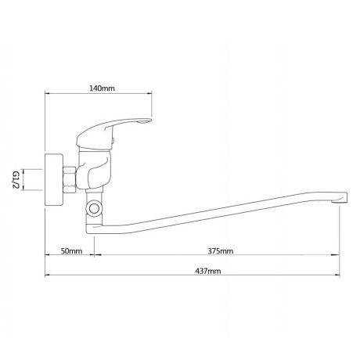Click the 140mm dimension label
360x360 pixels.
pyautogui.click(x=103, y=88)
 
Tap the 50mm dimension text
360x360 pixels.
pyautogui.click(x=71, y=251)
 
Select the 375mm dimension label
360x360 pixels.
pyautogui.click(x=221, y=251)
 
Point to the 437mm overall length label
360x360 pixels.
pyautogui.click(x=208, y=271)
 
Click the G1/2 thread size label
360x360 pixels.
pyautogui.click(x=16, y=180)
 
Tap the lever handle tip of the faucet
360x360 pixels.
pyautogui.click(x=146, y=121)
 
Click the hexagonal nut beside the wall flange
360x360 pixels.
pyautogui.click(x=70, y=180)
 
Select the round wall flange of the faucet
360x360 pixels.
pyautogui.click(x=54, y=180)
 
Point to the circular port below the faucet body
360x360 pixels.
pyautogui.click(x=94, y=208)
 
